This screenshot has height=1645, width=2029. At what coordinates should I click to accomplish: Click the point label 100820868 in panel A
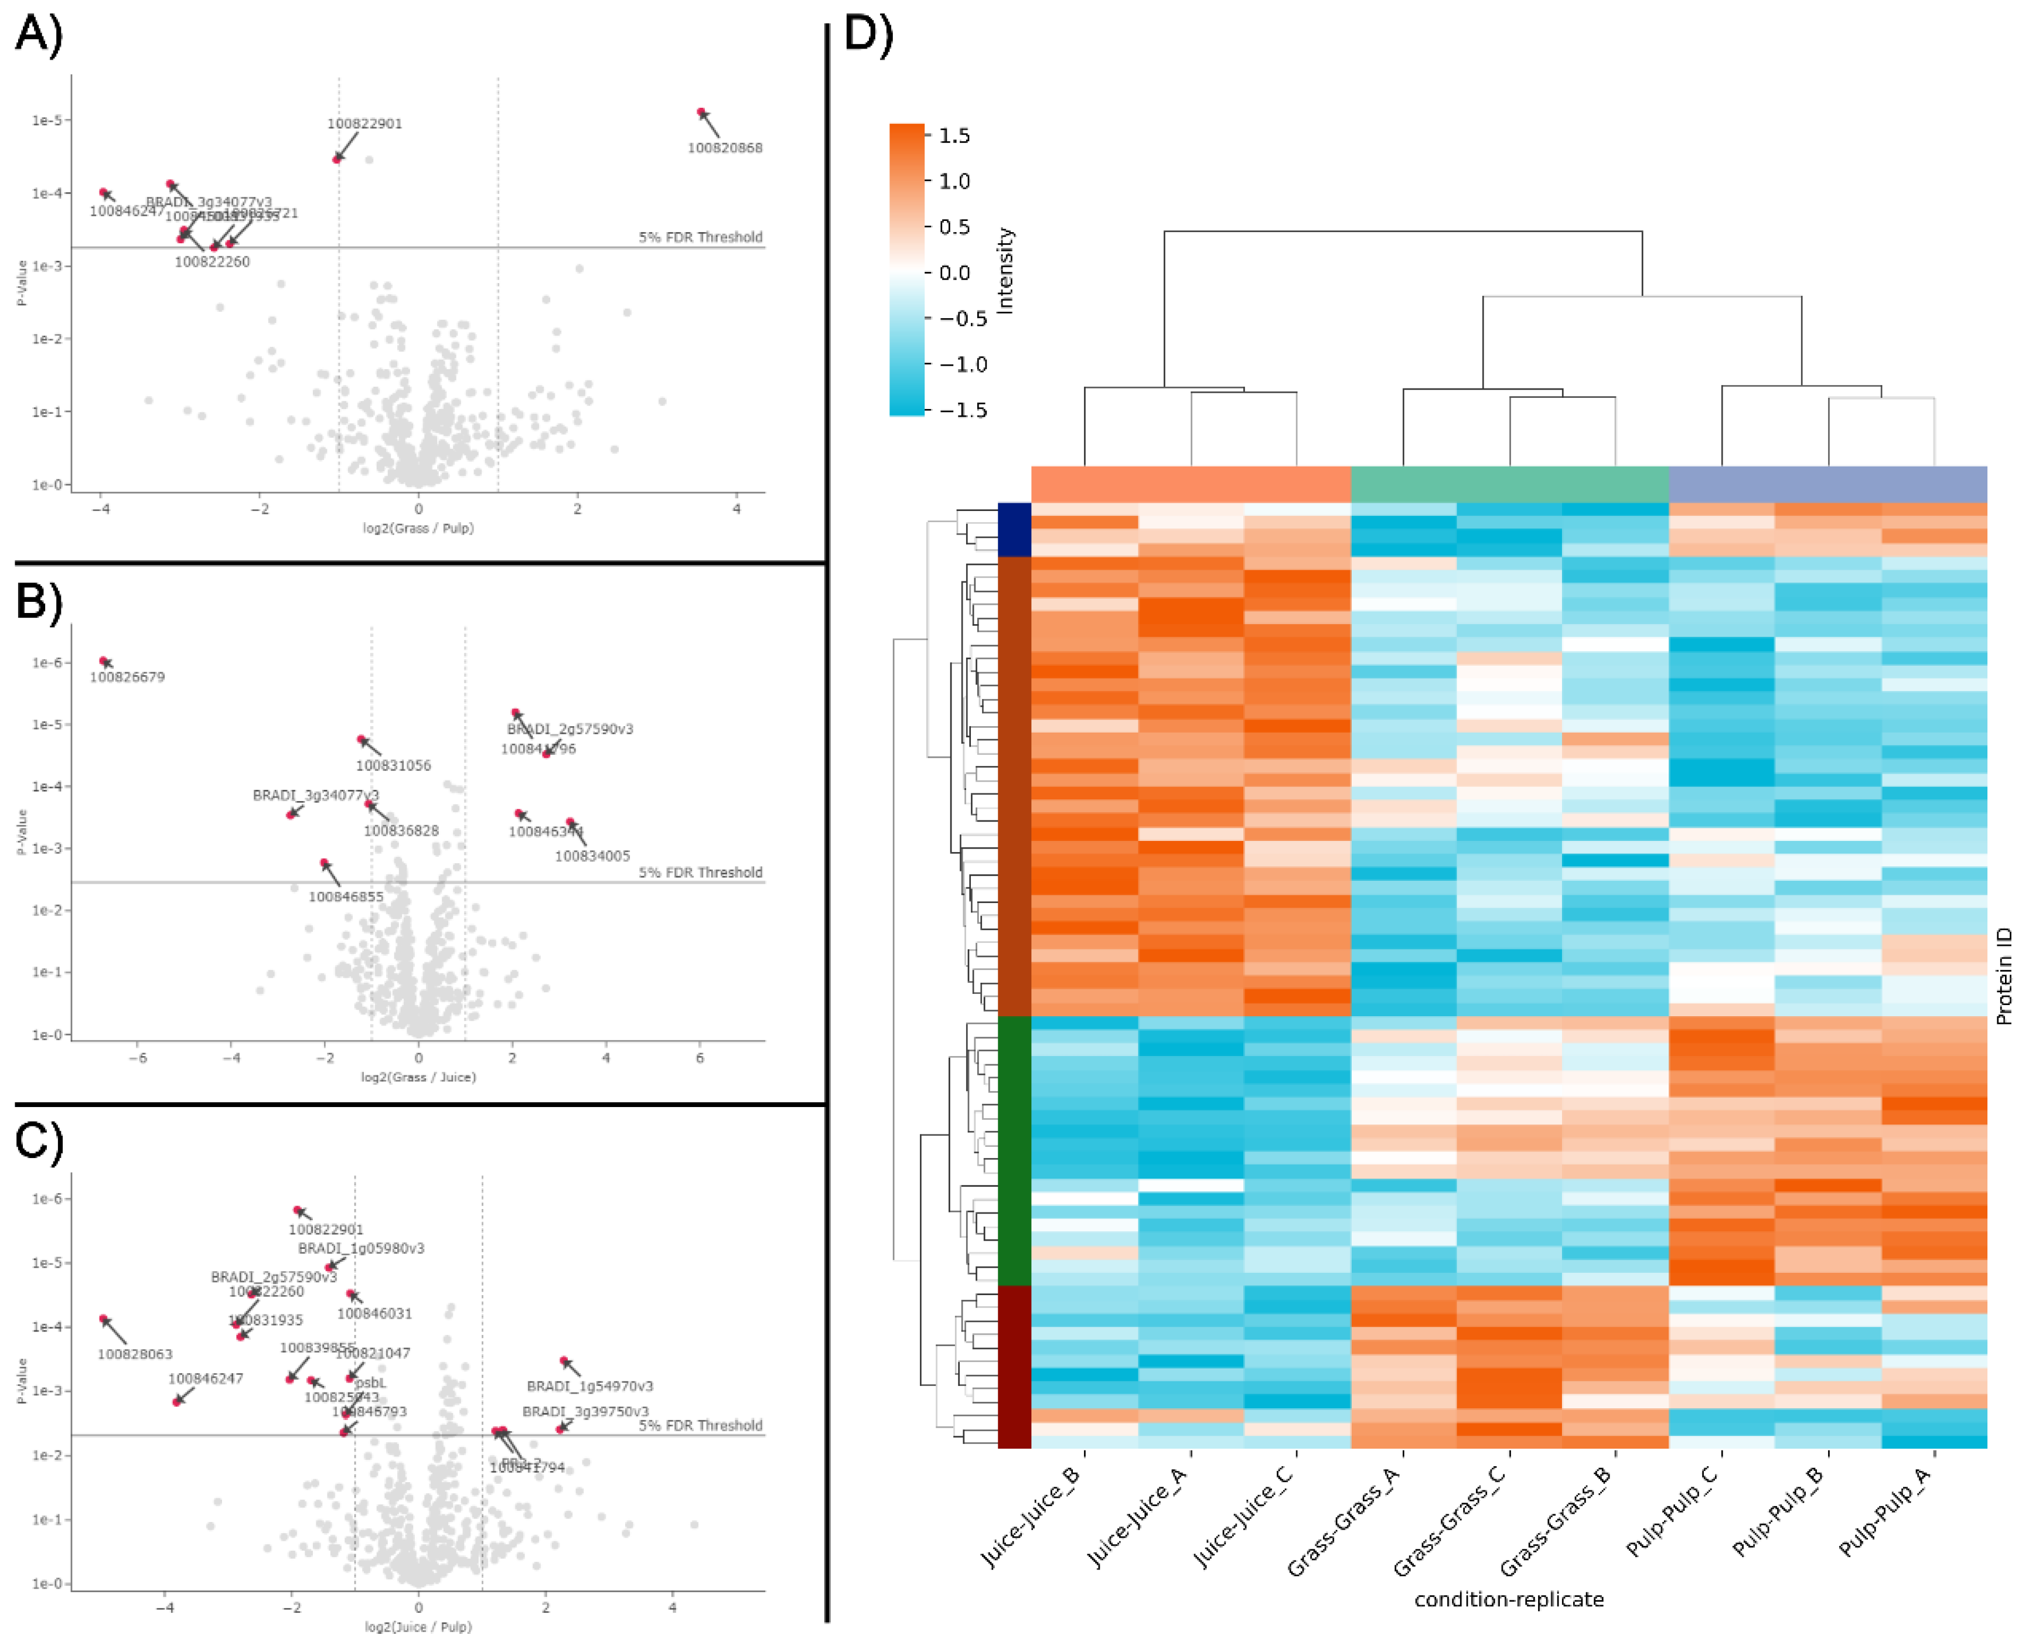pos(725,148)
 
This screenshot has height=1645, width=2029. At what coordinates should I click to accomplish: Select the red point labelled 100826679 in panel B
pos(104,660)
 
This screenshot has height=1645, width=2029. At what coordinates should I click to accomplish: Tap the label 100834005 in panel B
pos(592,856)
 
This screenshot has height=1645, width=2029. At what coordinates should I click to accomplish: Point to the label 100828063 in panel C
pos(135,1354)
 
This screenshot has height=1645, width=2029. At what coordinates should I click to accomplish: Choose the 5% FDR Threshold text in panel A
pos(700,237)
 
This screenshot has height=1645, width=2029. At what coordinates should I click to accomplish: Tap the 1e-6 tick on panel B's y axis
pos(47,662)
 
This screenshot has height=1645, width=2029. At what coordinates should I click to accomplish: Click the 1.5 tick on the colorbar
pos(954,135)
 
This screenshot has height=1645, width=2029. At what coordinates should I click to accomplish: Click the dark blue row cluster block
pos(1014,529)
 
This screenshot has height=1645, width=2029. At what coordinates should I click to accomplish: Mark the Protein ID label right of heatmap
pos(2003,976)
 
